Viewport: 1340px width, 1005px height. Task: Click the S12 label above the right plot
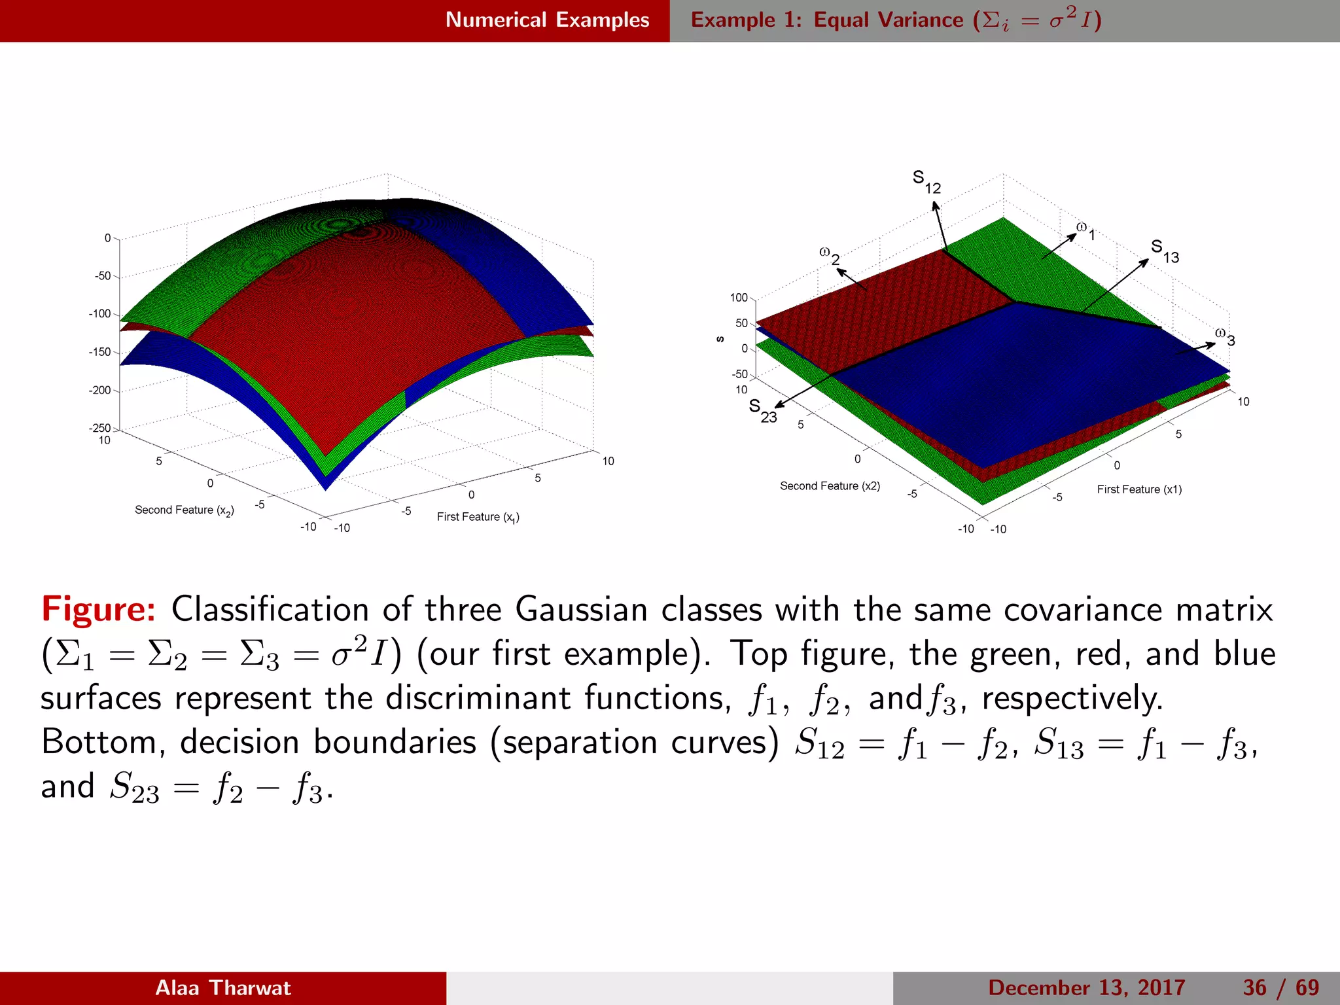[926, 182]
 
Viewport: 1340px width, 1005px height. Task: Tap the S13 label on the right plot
[1165, 251]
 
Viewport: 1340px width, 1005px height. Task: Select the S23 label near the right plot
[762, 411]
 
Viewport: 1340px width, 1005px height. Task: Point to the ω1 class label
[1085, 231]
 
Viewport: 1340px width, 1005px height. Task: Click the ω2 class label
[829, 256]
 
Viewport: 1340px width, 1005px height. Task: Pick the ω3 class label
[1225, 336]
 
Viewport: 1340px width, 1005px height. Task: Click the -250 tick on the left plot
[99, 428]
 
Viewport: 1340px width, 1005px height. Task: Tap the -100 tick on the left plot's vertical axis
[99, 313]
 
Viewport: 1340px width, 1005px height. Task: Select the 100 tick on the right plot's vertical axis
[738, 298]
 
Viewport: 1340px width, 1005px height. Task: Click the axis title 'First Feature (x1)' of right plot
[1139, 489]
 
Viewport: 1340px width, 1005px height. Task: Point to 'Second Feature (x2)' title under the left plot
[184, 510]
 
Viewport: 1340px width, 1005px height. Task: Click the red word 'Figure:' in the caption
[98, 609]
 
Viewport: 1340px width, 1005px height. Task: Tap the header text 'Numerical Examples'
[547, 20]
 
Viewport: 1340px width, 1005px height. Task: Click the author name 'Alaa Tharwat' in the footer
[222, 987]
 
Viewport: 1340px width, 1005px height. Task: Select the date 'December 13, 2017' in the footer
[1086, 987]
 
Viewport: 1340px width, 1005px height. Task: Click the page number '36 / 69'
[1280, 987]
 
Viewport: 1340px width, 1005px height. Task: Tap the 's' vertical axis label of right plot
[720, 339]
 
